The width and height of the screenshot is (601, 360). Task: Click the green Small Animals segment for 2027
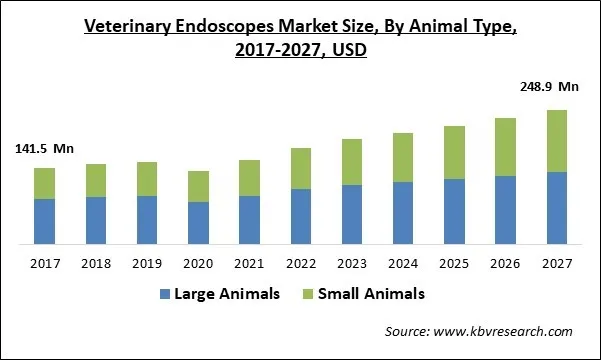point(556,141)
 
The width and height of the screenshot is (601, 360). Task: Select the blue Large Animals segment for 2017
point(44,221)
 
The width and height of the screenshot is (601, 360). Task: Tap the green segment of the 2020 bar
point(198,186)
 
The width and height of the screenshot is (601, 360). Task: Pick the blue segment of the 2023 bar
point(352,214)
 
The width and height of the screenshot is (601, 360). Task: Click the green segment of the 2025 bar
point(454,152)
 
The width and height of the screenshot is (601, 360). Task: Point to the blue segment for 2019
point(147,219)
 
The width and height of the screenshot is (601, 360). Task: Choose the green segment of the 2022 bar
point(301,168)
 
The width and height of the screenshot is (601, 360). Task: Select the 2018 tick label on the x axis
point(96,263)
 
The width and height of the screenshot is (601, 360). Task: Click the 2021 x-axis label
point(250,263)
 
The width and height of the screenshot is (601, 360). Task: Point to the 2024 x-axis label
point(403,263)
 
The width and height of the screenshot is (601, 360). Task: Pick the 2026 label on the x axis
point(505,263)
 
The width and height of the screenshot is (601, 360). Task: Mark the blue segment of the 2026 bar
point(505,210)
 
